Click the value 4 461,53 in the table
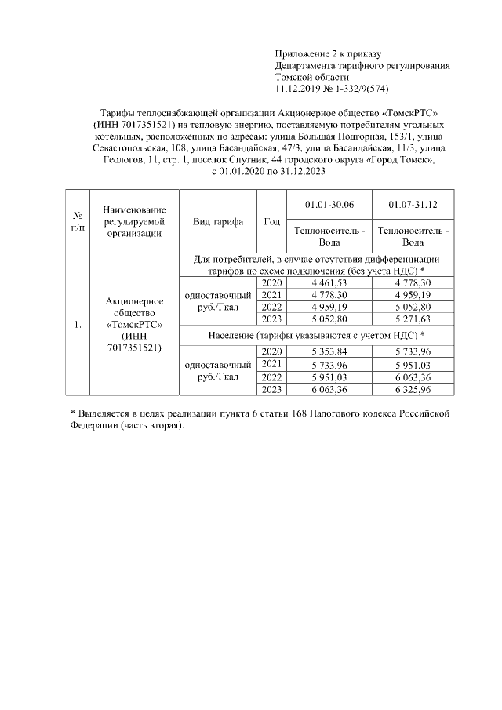click(329, 282)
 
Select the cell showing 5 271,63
click(413, 320)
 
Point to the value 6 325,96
click(413, 389)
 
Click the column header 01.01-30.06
click(329, 204)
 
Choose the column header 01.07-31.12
click(413, 204)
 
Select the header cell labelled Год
click(271, 221)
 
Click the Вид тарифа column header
click(219, 221)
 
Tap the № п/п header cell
click(78, 221)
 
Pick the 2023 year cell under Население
click(271, 389)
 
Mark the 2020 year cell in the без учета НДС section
click(271, 282)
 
